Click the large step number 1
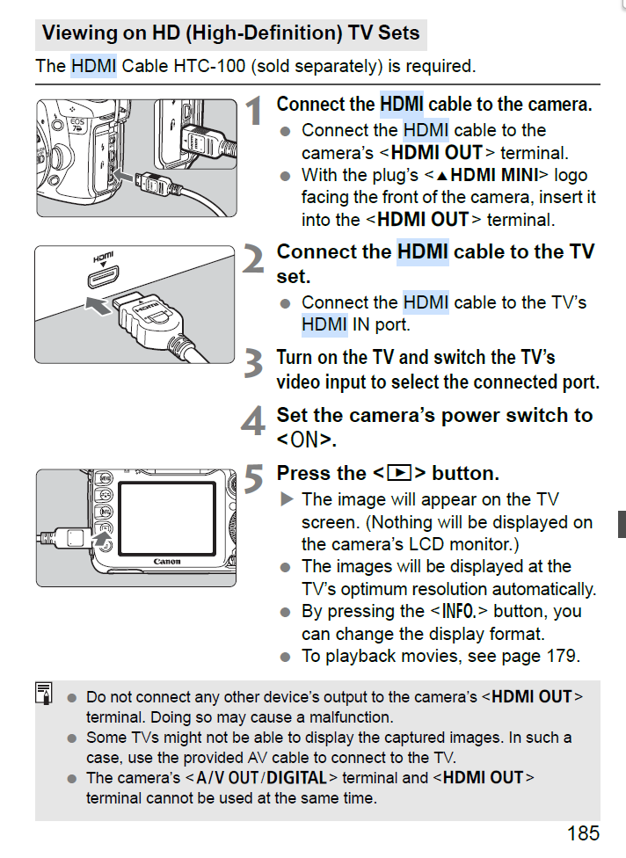[x=253, y=112]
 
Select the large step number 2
[x=253, y=259]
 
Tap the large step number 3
[x=253, y=364]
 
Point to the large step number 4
[x=253, y=422]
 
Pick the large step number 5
[x=253, y=480]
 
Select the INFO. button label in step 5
[x=458, y=611]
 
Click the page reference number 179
[x=562, y=656]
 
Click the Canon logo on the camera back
[x=167, y=562]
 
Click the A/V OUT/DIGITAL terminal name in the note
[x=260, y=777]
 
